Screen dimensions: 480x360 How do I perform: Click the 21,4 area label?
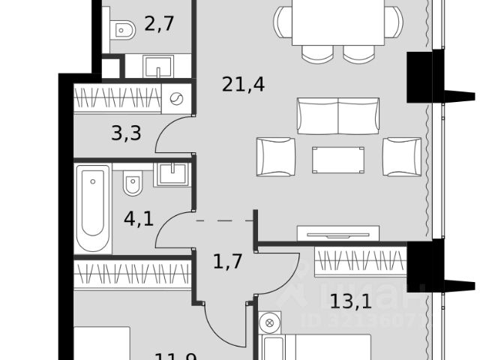pyautogui.click(x=241, y=85)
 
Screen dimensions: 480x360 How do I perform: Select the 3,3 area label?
pyautogui.click(x=127, y=134)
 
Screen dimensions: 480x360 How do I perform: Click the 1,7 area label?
pyautogui.click(x=227, y=262)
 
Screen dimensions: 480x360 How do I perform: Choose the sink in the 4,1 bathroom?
pyautogui.click(x=173, y=173)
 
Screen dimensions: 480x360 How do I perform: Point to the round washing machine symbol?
pyautogui.click(x=178, y=98)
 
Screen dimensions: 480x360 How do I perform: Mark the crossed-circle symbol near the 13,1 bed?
pyautogui.click(x=268, y=323)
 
